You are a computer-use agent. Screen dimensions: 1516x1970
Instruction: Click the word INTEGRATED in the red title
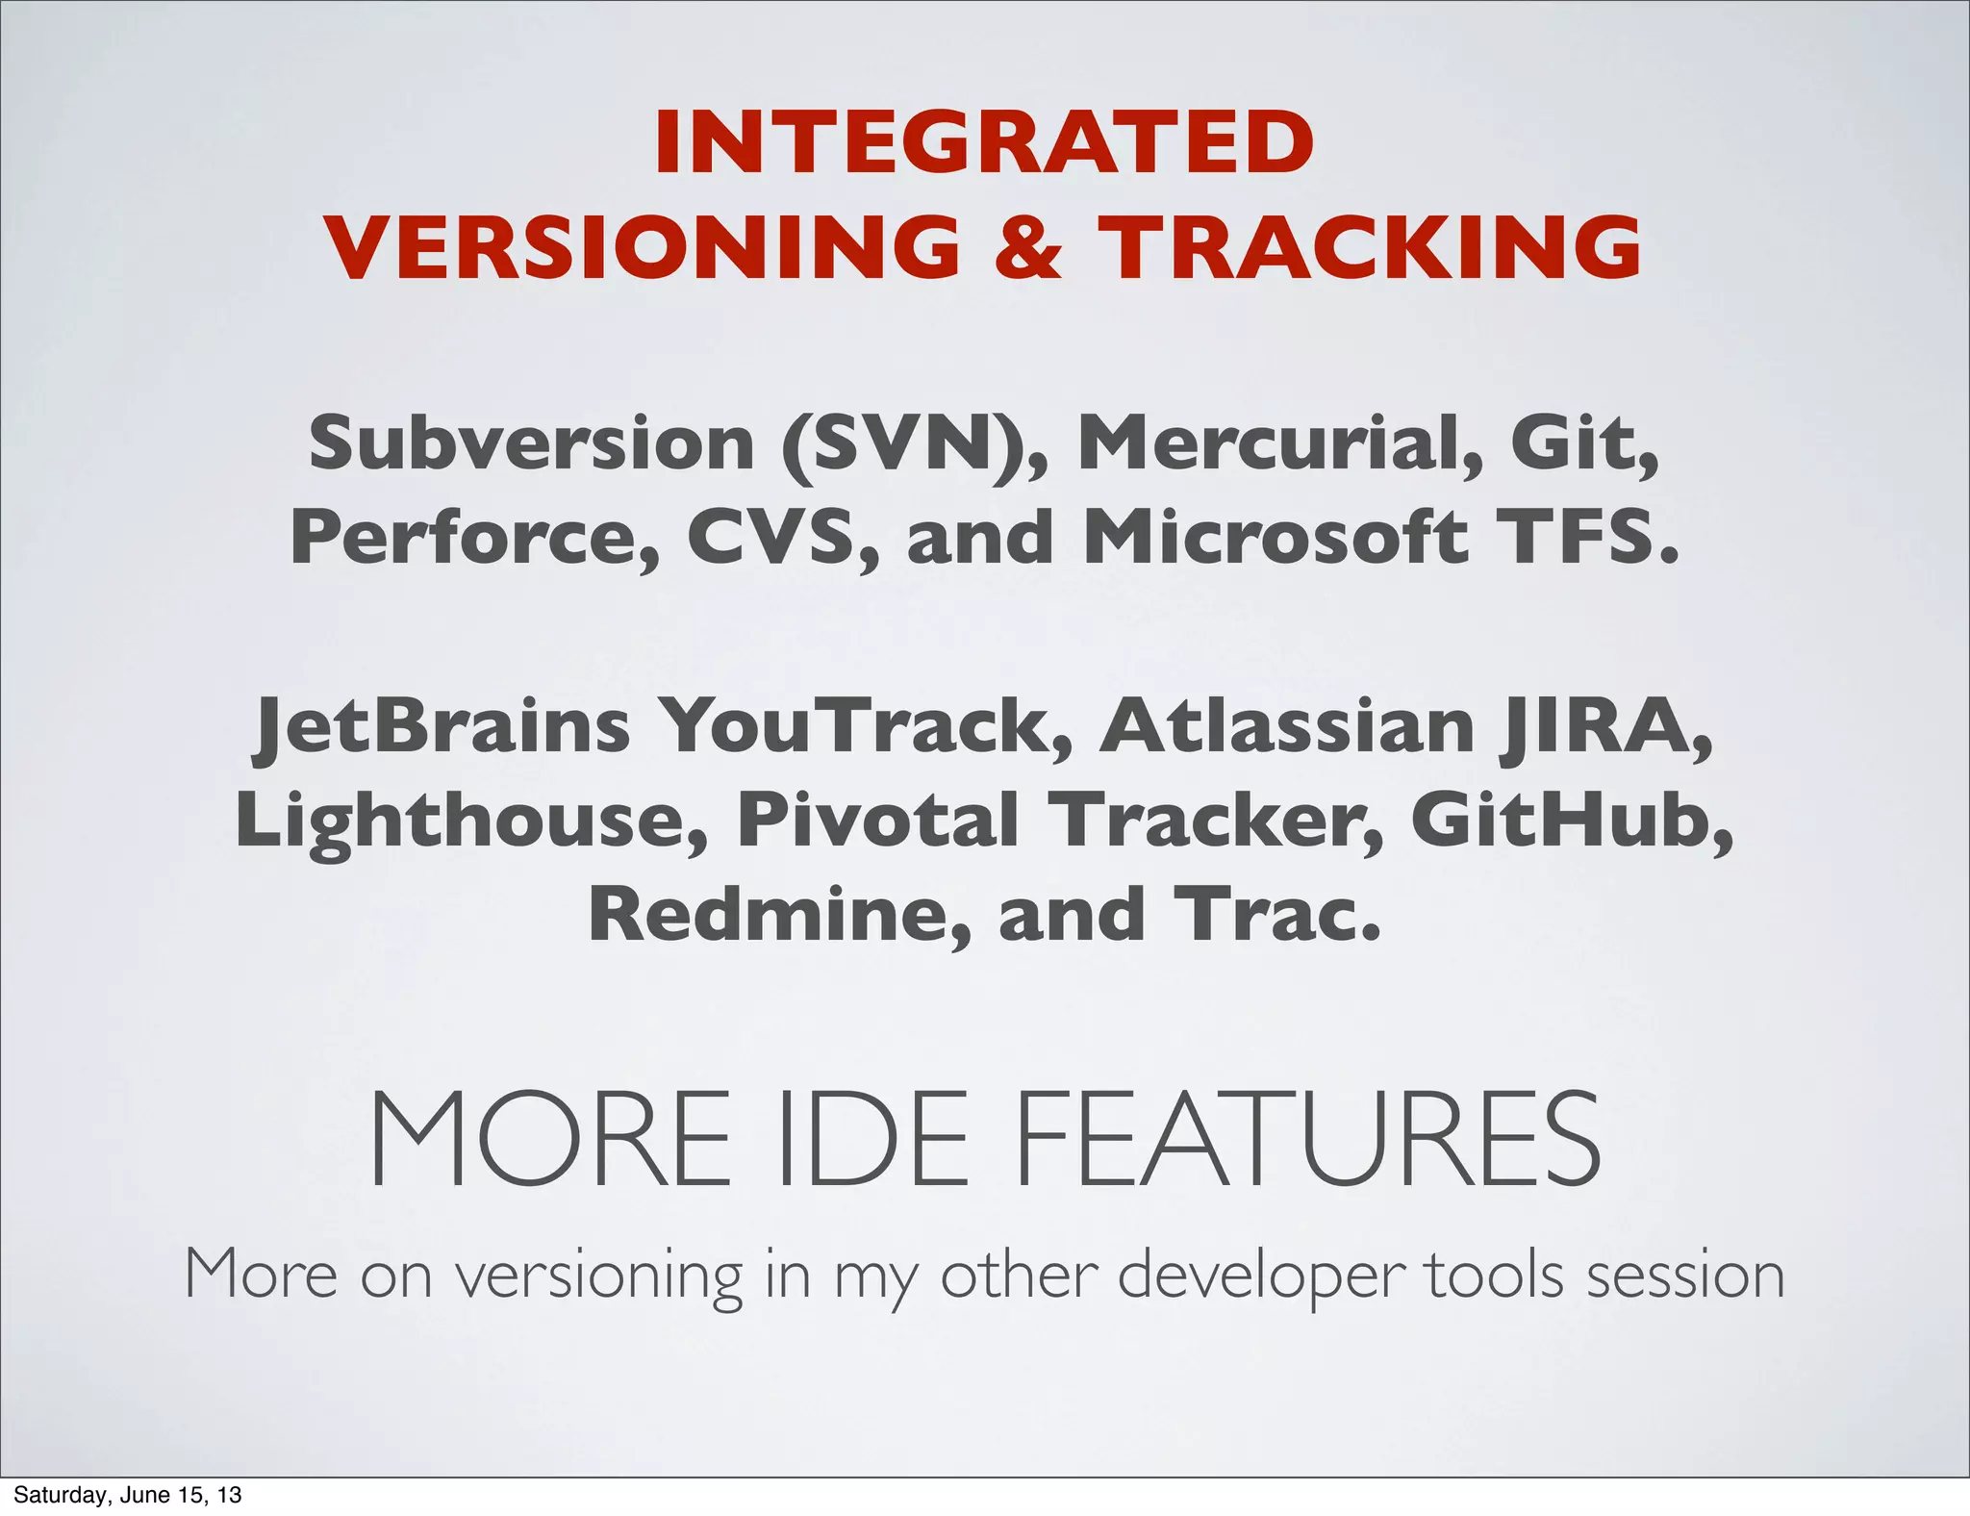tap(984, 142)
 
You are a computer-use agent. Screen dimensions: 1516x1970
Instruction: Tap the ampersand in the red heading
tap(1028, 246)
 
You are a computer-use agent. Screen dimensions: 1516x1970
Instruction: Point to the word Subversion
tap(531, 443)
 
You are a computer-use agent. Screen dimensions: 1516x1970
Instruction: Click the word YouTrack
tap(865, 726)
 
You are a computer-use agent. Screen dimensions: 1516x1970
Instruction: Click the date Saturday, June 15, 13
tap(127, 1495)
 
